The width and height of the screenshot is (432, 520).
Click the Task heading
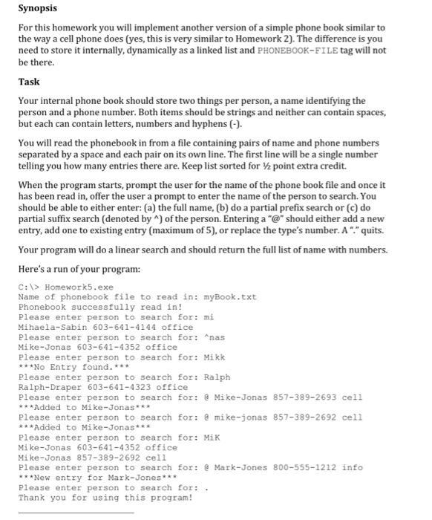[x=29, y=82]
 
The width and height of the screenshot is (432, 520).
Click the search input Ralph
[x=217, y=377]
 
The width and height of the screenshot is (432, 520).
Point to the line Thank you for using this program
[x=105, y=498]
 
